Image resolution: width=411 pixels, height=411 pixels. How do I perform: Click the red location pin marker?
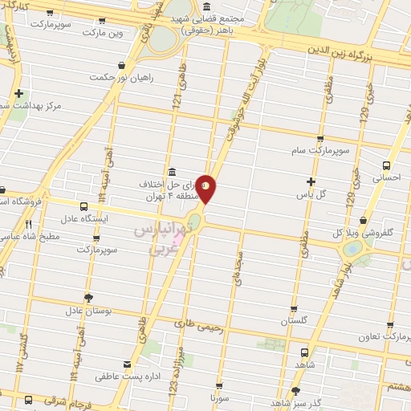[x=206, y=189]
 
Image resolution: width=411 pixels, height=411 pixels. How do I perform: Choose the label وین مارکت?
[x=105, y=32]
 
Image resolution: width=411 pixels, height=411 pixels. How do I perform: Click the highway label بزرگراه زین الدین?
[x=354, y=47]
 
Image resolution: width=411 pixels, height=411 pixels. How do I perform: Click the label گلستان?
[x=295, y=320]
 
